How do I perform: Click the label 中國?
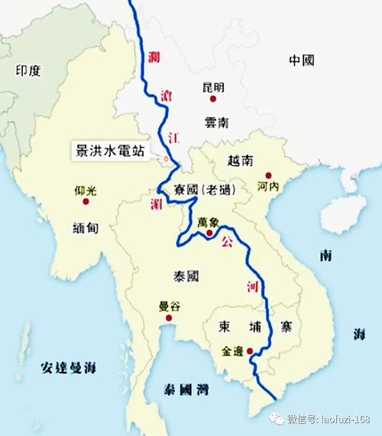[302, 60]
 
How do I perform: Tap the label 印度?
[28, 71]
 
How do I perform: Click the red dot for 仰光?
[86, 202]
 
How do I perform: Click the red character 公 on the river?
[225, 242]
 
